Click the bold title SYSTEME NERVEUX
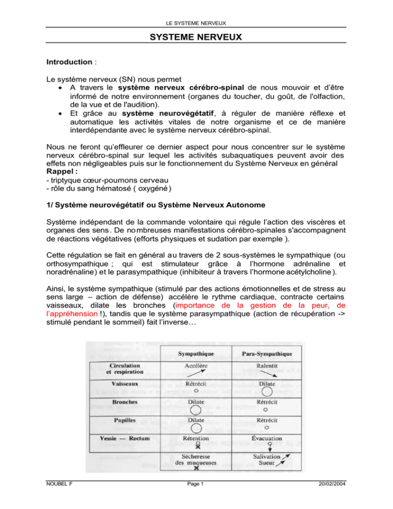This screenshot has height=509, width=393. [x=196, y=38]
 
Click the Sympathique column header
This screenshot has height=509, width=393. [x=196, y=353]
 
